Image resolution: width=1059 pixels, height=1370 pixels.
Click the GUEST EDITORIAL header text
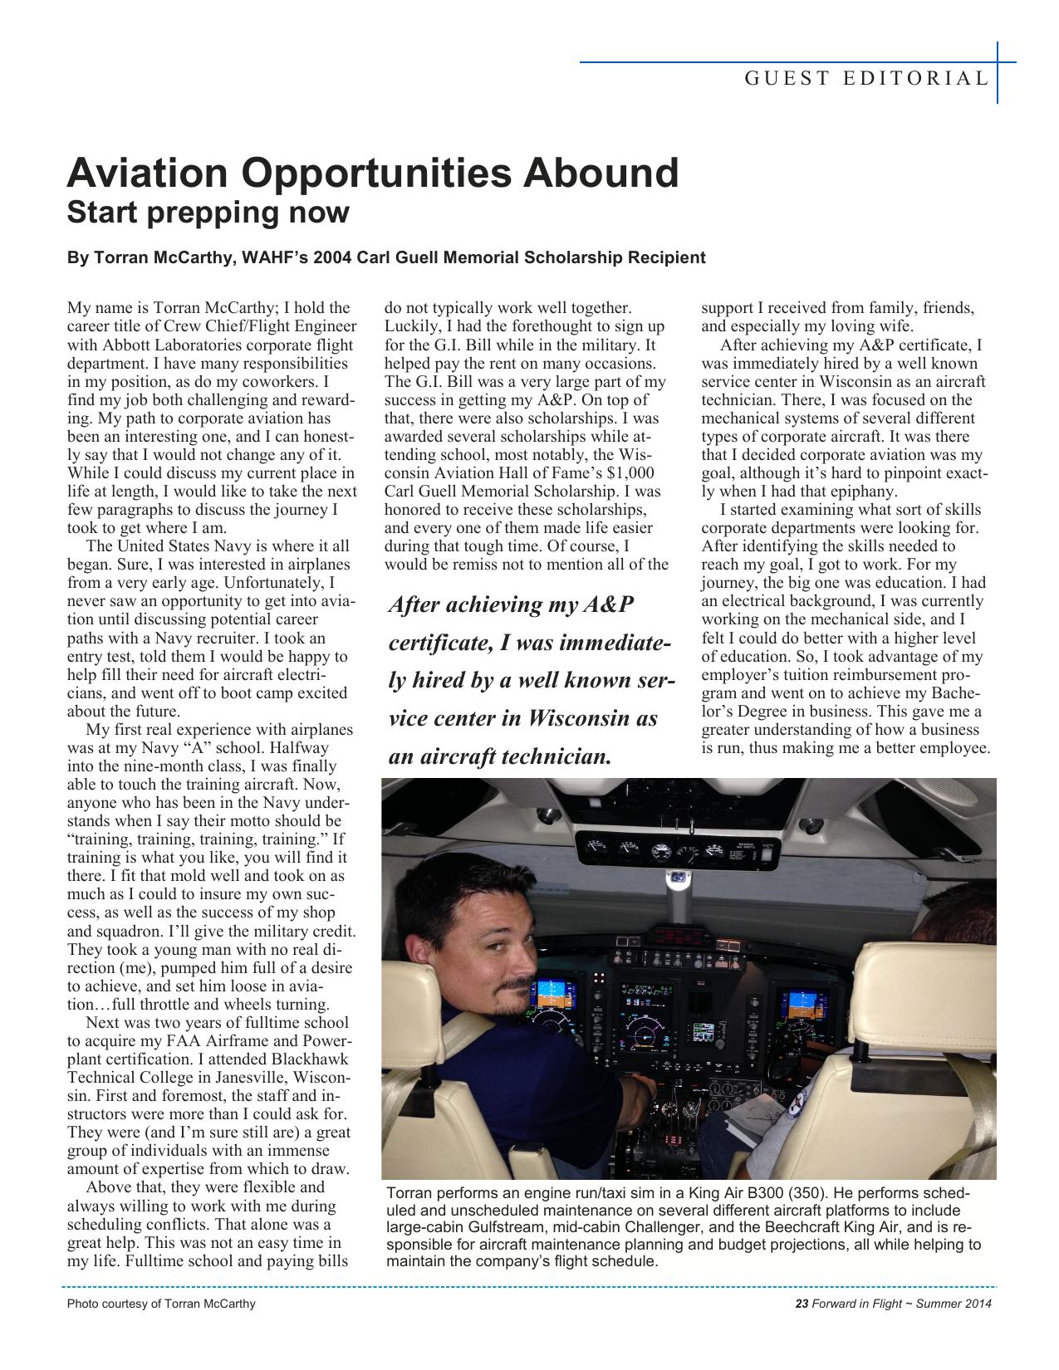pos(866,79)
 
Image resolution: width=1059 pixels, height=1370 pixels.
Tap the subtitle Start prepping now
pos(208,213)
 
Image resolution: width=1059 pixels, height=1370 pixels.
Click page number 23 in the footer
pos(802,1304)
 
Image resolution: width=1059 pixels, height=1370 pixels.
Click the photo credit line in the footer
pos(161,1304)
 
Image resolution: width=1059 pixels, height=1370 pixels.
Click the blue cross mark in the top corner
pos(998,62)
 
